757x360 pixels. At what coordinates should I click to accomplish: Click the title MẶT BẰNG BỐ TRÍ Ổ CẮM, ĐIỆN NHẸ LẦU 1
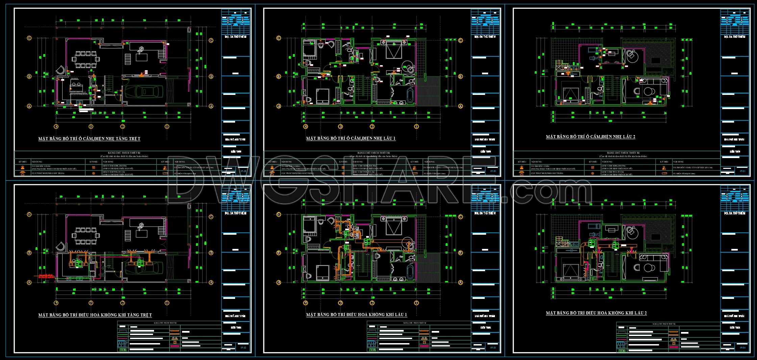coord(351,138)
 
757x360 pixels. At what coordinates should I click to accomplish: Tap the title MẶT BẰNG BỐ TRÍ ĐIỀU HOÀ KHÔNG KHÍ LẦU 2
coord(596,313)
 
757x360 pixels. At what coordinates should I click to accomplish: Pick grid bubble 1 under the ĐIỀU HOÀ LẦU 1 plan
coord(417,303)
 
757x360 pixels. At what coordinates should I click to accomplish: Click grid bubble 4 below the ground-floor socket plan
coord(56,127)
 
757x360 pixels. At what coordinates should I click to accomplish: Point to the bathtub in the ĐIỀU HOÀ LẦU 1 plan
coord(410,271)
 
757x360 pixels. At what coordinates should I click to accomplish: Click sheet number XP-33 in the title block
coord(493,348)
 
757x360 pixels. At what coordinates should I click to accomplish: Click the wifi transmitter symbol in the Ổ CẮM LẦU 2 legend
coord(522,173)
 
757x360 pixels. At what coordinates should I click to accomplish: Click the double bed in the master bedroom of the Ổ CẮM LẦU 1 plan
coord(394,51)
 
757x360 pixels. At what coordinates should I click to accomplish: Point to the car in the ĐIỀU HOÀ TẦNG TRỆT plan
coord(144,267)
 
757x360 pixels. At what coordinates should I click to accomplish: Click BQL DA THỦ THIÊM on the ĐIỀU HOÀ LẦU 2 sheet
coord(735,213)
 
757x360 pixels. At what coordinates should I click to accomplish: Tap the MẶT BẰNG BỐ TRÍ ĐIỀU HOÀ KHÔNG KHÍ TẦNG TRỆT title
coord(95,315)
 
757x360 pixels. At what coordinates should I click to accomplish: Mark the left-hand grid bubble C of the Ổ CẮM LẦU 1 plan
coord(279,38)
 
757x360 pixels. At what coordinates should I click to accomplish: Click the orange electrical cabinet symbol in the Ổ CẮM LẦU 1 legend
coord(415,173)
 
